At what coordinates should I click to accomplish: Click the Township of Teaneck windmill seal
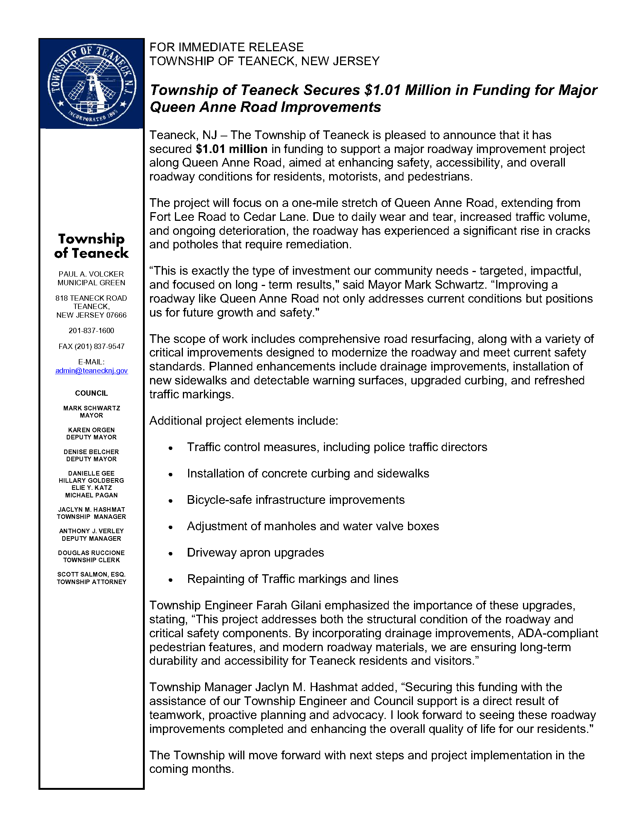92,84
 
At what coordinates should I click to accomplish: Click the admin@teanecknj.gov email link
92,370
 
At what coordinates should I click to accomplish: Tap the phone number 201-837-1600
92,330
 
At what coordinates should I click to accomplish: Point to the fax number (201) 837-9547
92,346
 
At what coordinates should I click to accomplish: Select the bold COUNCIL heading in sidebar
92,393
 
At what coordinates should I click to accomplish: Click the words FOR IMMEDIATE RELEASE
226,47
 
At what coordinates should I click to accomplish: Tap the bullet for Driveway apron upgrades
171,553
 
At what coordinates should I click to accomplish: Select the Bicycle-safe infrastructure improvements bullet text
296,500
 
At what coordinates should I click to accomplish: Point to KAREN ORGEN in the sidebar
92,430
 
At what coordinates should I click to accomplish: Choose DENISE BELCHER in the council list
92,452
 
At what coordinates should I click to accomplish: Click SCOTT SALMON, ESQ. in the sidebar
92,574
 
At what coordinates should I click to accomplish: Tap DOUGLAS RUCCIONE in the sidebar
92,553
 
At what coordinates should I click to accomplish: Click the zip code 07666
116,315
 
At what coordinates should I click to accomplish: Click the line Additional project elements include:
244,421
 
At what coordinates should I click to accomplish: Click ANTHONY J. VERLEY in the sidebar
92,531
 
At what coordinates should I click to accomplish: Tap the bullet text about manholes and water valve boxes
313,526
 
